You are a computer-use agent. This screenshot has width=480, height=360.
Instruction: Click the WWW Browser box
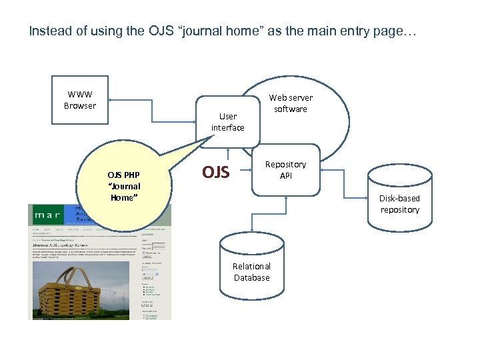[x=80, y=101]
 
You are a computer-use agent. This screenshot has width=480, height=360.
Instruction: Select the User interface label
[x=227, y=122]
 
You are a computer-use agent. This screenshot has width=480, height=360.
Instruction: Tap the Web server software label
[x=290, y=103]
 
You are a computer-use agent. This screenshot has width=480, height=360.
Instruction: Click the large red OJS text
[x=216, y=173]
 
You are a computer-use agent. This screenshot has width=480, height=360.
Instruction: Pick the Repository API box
[x=285, y=170]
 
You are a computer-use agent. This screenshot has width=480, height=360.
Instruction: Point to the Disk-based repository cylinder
[x=399, y=200]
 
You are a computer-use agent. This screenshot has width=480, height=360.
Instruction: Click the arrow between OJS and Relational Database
[x=251, y=221]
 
